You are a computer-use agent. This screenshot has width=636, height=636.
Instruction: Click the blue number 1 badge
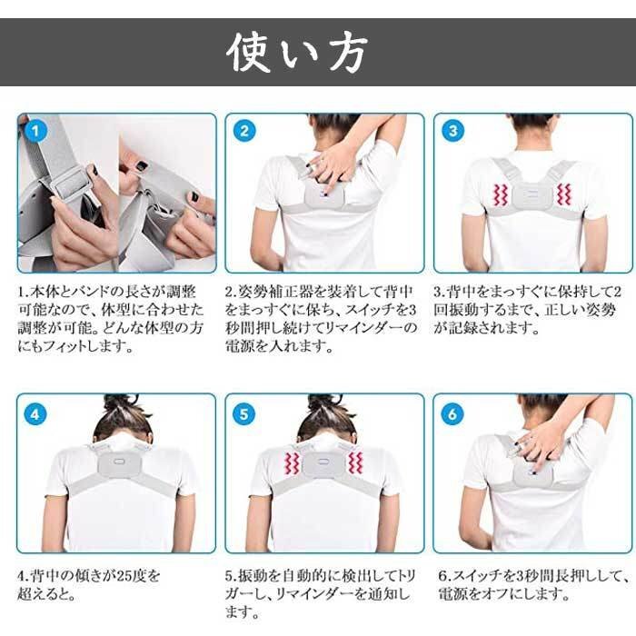coord(35,130)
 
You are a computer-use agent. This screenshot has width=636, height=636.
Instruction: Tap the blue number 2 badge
coord(244,130)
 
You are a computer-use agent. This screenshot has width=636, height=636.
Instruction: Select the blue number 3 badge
coord(452,130)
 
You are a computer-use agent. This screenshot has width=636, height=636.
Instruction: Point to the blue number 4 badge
coord(35,414)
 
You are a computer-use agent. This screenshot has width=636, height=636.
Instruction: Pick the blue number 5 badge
coord(243,414)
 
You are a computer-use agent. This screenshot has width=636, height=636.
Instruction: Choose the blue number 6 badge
coord(452,414)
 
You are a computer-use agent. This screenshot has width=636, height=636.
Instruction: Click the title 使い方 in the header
coord(297,53)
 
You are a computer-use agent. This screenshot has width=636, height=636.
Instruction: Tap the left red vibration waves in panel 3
coord(500,194)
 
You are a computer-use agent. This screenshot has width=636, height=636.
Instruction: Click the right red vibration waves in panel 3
coord(564,194)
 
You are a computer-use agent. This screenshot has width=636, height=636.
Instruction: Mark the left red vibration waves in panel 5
coord(292,463)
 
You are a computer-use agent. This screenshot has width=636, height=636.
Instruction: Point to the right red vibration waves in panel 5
coord(356,462)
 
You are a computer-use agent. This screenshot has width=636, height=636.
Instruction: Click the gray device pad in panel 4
coord(119,463)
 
